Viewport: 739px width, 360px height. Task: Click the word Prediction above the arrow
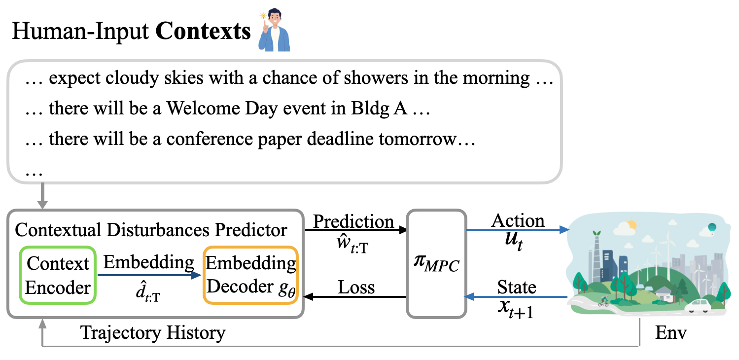pyautogui.click(x=353, y=221)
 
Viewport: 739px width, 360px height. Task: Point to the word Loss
pyautogui.click(x=356, y=287)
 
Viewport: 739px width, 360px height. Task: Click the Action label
pyautogui.click(x=518, y=220)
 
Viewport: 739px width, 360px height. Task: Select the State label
pyautogui.click(x=517, y=287)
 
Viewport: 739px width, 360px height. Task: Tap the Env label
pyautogui.click(x=670, y=332)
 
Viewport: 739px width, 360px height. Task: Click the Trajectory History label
pyautogui.click(x=153, y=333)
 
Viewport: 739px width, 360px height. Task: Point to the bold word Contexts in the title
pyautogui.click(x=203, y=32)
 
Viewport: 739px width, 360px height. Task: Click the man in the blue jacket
pyautogui.click(x=274, y=30)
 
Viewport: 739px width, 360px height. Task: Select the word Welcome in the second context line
pyautogui.click(x=203, y=108)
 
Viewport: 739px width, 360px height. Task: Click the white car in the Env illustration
pyautogui.click(x=699, y=306)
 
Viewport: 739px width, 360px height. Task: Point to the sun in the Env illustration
pyautogui.click(x=632, y=225)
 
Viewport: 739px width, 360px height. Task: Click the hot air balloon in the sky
pyautogui.click(x=712, y=228)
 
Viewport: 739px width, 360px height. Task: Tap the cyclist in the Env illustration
pyautogui.click(x=603, y=302)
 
